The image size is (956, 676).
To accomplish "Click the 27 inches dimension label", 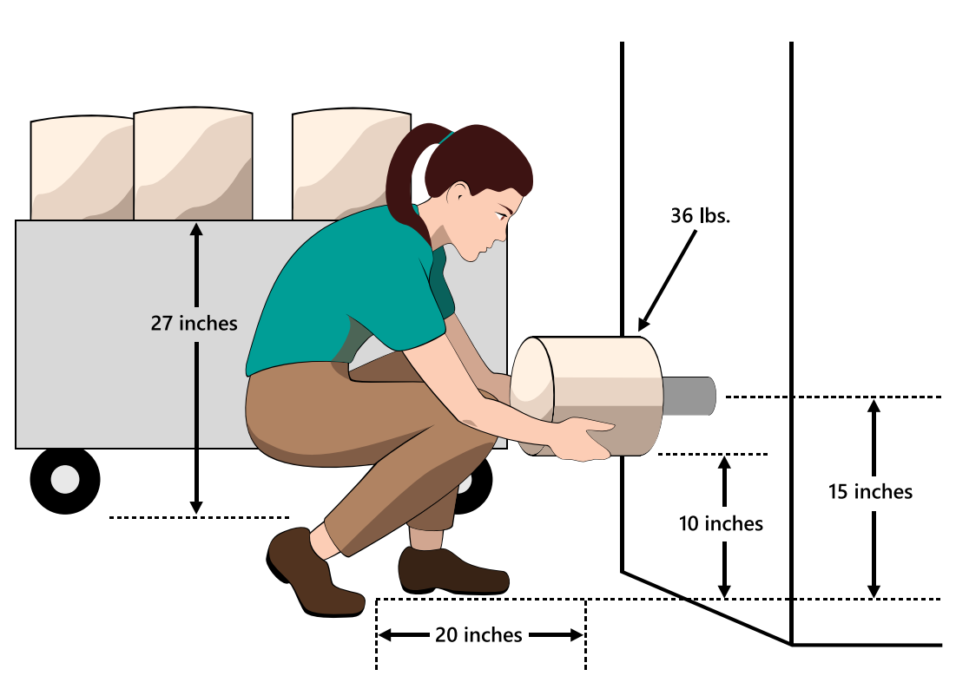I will pyautogui.click(x=194, y=324).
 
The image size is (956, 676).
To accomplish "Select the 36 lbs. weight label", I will pyautogui.click(x=700, y=216).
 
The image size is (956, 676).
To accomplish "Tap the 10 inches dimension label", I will pyautogui.click(x=722, y=523).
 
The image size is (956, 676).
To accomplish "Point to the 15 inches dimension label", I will pyautogui.click(x=871, y=492).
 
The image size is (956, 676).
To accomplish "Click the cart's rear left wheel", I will pyautogui.click(x=65, y=479).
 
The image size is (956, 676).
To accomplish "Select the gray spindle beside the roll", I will pyautogui.click(x=689, y=396).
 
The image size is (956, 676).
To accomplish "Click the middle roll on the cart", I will pyautogui.click(x=193, y=165).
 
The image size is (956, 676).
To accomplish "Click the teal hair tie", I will pyautogui.click(x=445, y=137).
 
